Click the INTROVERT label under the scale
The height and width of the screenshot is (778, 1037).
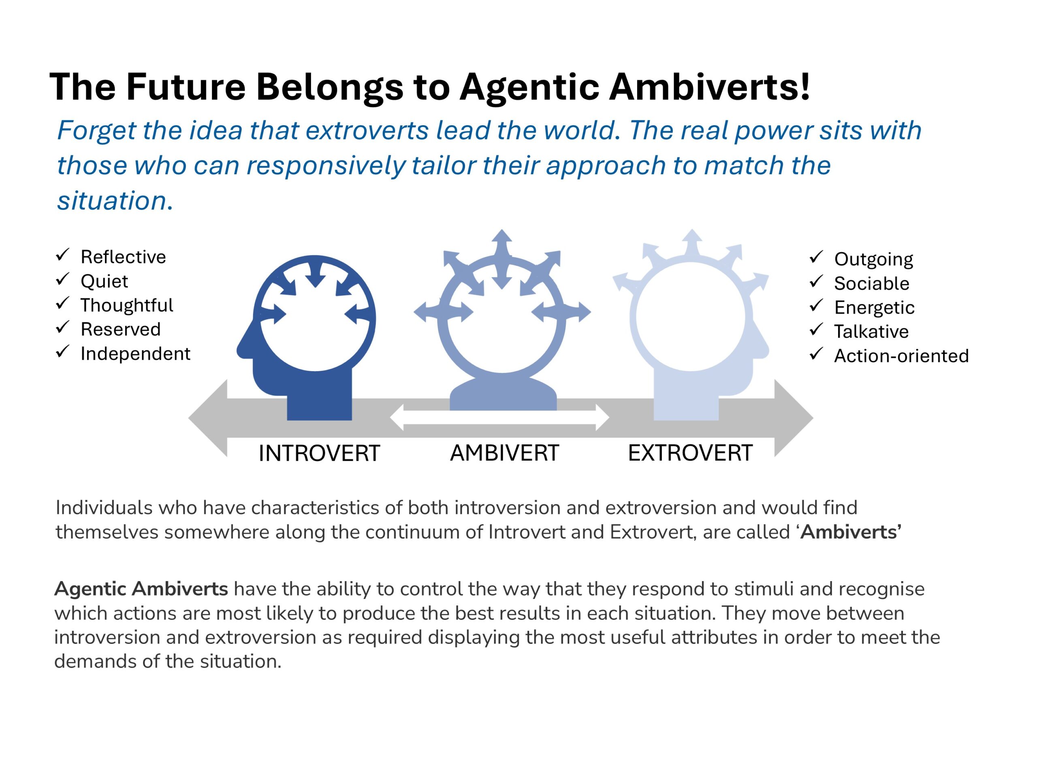319,453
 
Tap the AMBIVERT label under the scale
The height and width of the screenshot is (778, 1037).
504,453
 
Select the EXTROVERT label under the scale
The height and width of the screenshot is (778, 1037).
690,453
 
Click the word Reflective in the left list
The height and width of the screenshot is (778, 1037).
123,257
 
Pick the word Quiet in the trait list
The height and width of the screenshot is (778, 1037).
104,281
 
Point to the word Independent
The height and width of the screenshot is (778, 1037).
135,354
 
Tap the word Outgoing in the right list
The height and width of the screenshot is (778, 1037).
873,260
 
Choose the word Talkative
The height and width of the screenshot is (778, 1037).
871,331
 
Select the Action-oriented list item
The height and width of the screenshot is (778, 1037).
901,356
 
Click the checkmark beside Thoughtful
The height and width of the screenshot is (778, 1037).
62,304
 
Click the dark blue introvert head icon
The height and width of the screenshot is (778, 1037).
306,338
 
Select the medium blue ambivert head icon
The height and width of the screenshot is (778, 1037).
502,385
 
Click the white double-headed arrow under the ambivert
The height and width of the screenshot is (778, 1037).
500,417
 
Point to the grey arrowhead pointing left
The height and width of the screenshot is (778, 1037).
208,418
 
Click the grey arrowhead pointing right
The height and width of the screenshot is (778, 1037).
794,418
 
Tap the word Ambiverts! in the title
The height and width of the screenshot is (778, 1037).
710,87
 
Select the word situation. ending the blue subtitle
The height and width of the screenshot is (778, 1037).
115,201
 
